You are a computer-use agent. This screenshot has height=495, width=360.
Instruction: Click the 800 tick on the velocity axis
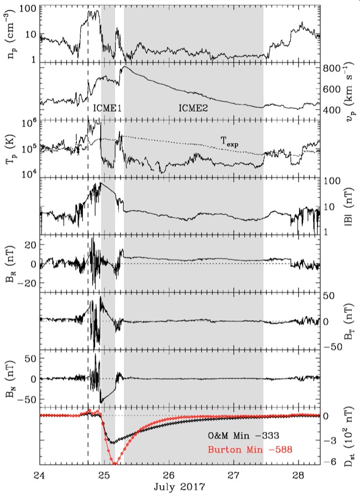(x=331, y=68)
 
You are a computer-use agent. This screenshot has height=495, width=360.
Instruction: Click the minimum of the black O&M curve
(x=112, y=442)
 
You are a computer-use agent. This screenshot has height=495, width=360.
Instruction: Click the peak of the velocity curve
(x=124, y=67)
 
